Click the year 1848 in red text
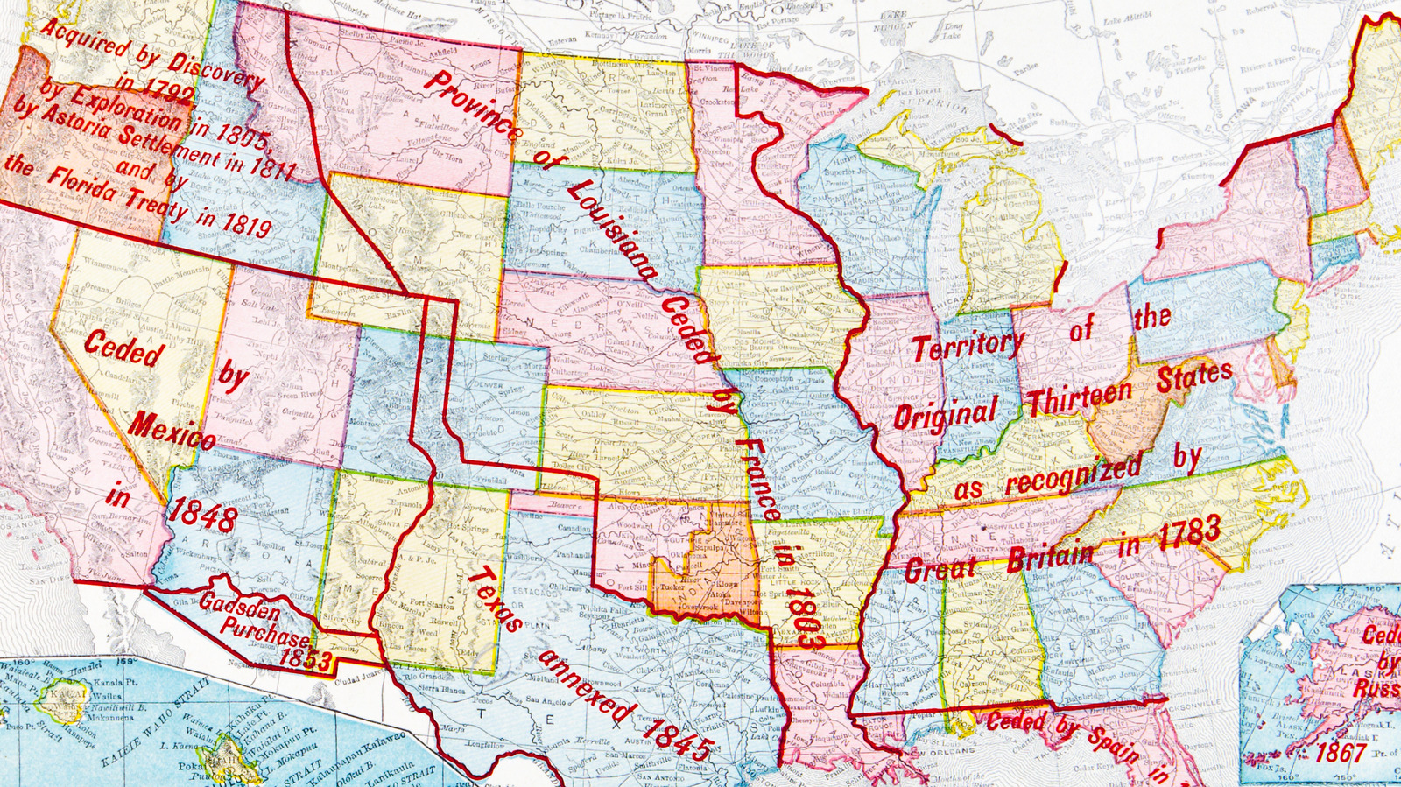pos(201,515)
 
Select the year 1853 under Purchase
pos(306,657)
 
